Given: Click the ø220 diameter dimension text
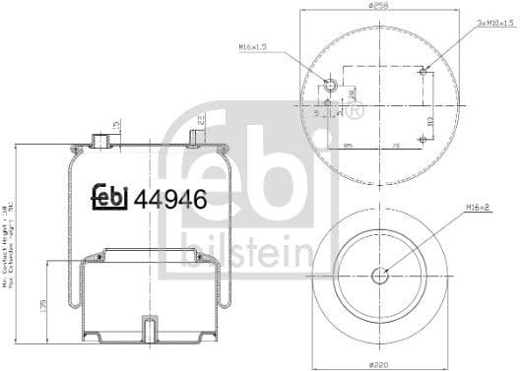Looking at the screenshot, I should click(379, 364).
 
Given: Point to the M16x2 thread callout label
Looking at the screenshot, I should click(480, 206).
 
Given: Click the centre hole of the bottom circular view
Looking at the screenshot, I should click(379, 275).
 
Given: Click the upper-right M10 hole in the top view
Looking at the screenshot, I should click(422, 71).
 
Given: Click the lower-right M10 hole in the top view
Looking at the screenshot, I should click(422, 140).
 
